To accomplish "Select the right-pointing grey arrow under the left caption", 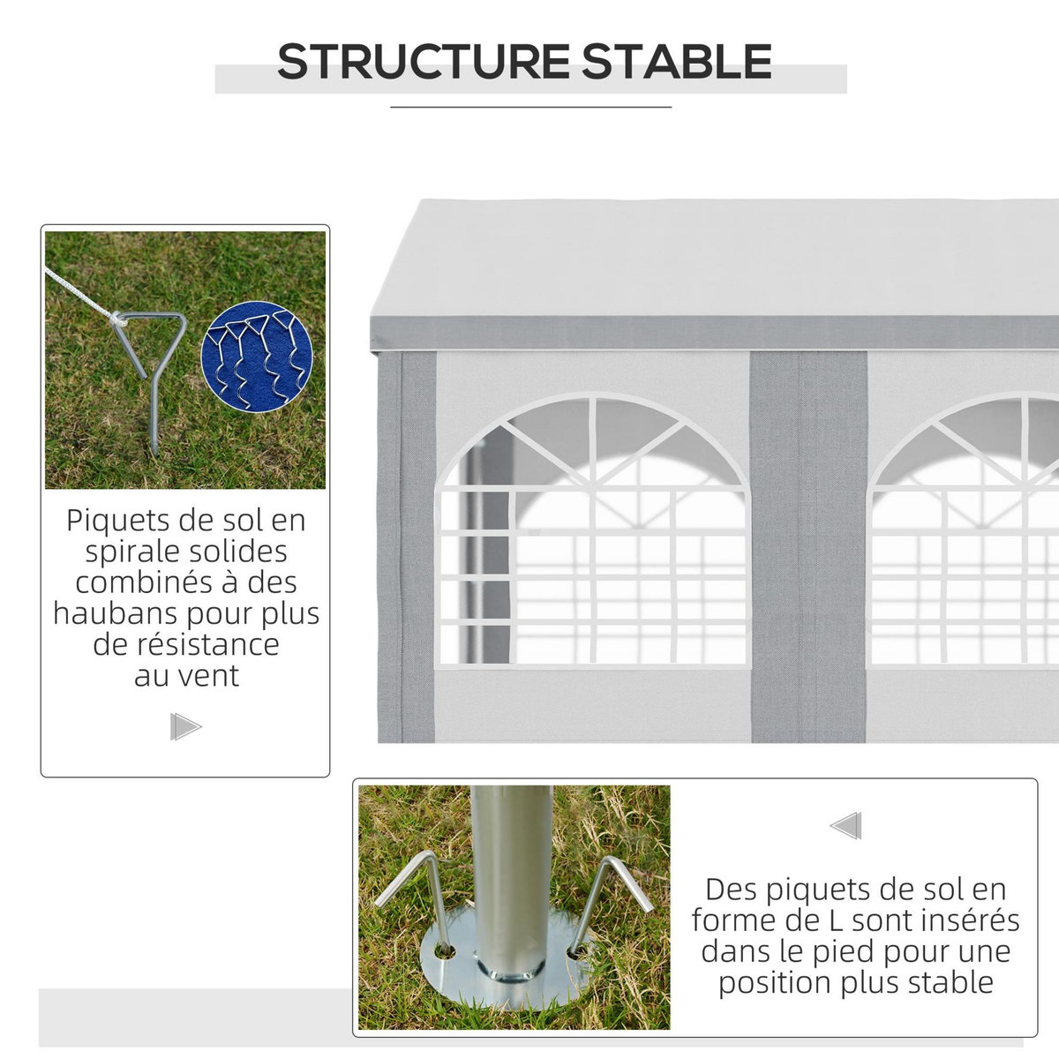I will (x=185, y=727).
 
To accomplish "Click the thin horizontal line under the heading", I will (x=530, y=107).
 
